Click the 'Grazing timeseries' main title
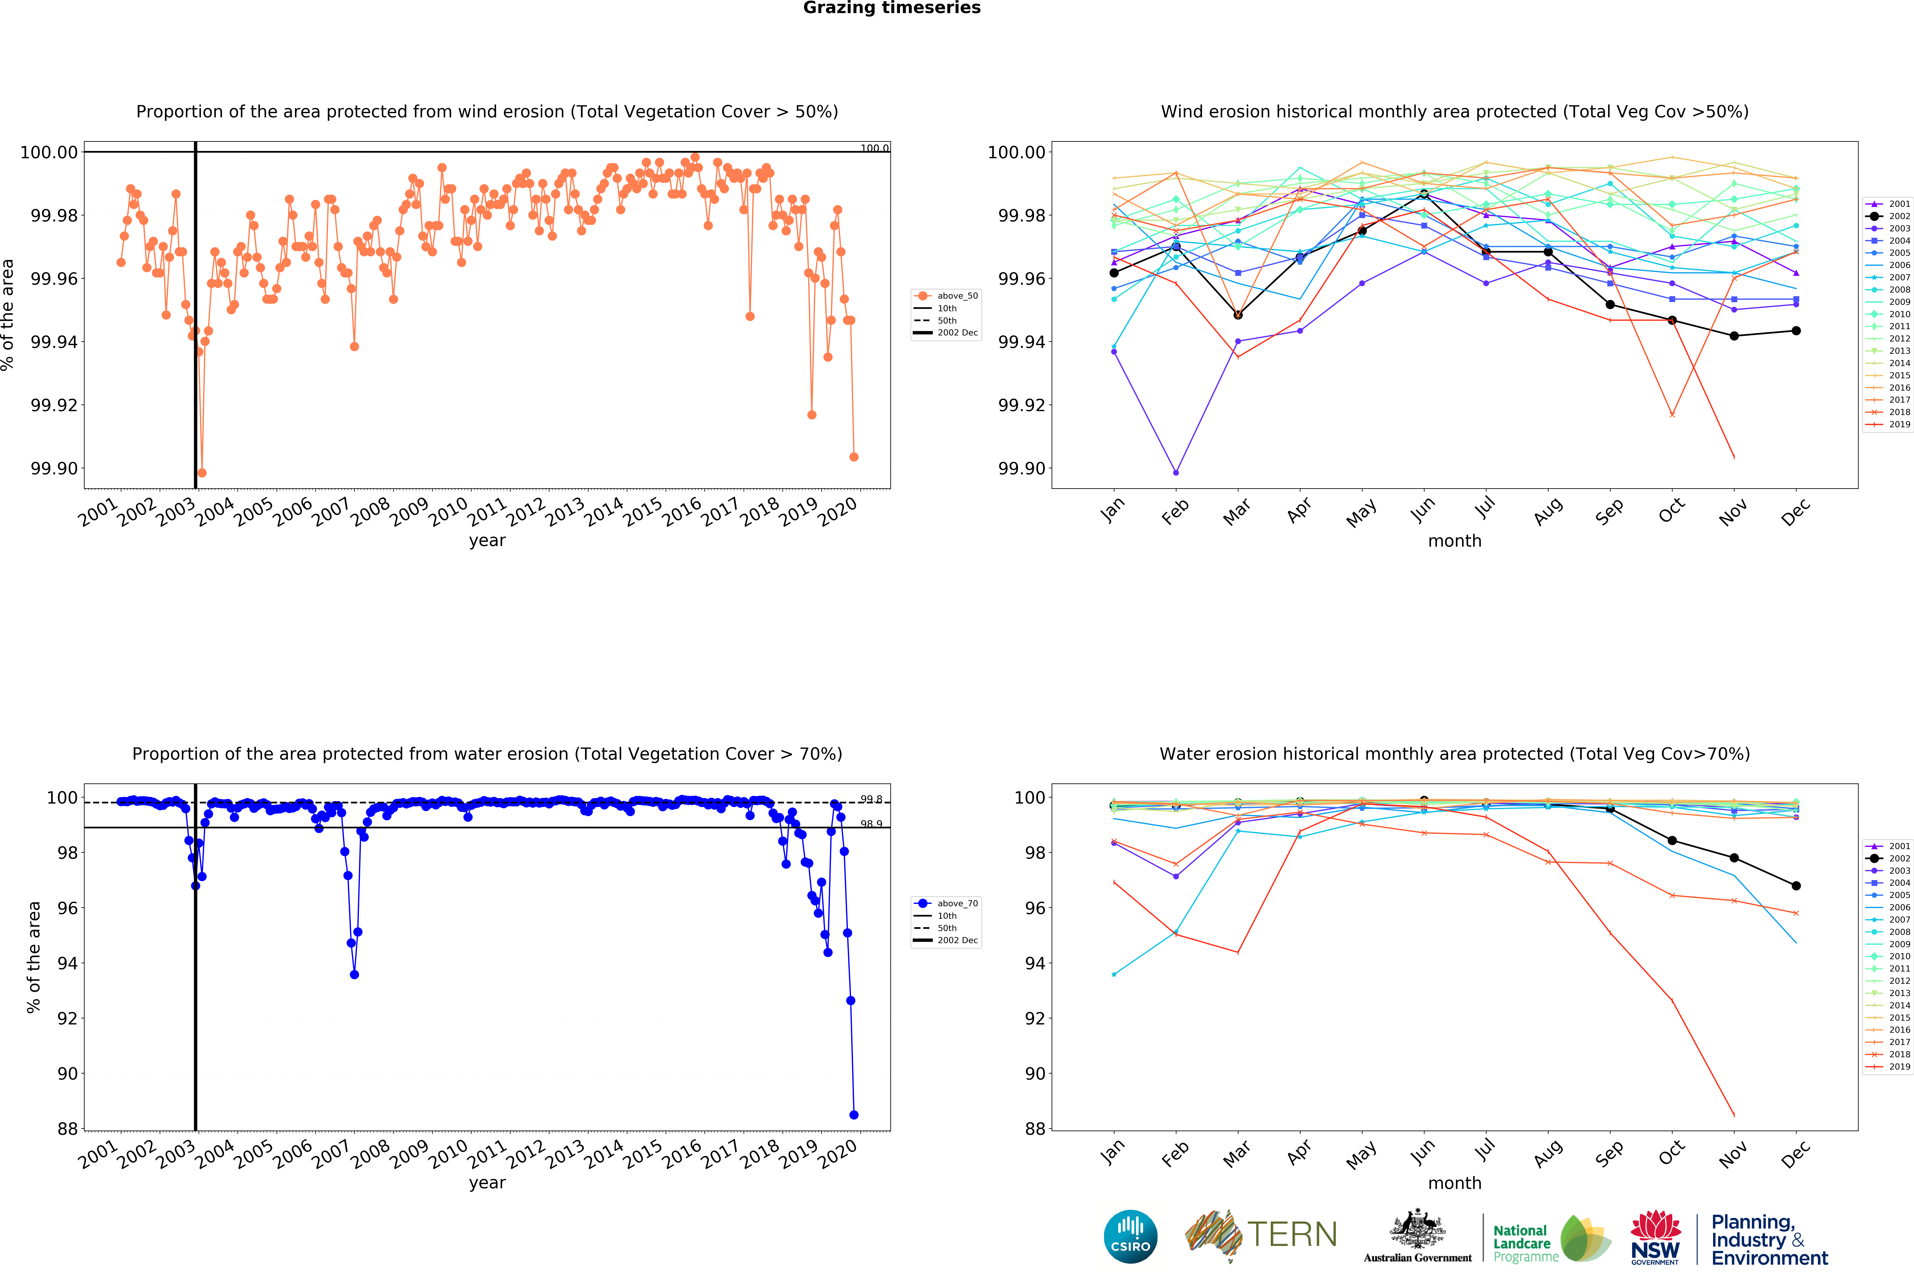(x=891, y=8)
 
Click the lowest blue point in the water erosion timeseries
(x=854, y=1115)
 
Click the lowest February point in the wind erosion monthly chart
(x=1176, y=472)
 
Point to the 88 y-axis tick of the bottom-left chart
(x=67, y=1129)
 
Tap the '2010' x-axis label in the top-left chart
(x=448, y=513)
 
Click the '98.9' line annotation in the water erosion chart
(x=871, y=824)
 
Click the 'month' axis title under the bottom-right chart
(x=1455, y=1183)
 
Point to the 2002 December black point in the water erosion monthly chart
(x=1796, y=886)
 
